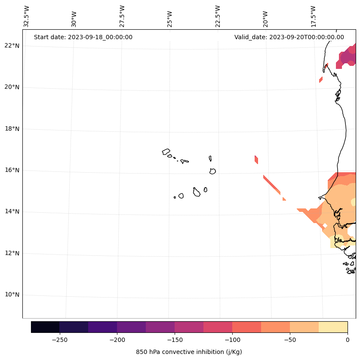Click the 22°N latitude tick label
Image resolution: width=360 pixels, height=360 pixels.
click(10, 46)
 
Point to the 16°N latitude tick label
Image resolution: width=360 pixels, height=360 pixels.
click(10, 170)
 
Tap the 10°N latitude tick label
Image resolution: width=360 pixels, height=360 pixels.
click(10, 295)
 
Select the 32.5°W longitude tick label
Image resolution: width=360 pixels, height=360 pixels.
click(27, 16)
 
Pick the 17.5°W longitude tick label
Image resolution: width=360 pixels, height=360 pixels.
click(313, 16)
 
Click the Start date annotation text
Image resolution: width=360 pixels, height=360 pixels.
click(83, 37)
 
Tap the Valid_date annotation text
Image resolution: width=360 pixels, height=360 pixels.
click(289, 37)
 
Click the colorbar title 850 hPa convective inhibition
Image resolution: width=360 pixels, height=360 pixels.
click(189, 352)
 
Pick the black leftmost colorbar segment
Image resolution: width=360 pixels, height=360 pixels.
click(45, 327)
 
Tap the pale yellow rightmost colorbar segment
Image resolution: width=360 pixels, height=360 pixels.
click(333, 327)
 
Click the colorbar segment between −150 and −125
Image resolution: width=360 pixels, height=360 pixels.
click(189, 327)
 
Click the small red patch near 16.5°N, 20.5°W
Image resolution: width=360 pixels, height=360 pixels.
click(256, 160)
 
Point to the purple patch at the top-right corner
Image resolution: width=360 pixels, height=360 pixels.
click(348, 57)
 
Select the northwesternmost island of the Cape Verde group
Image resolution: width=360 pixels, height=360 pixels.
click(166, 152)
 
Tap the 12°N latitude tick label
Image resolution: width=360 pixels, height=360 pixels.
click(10, 253)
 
